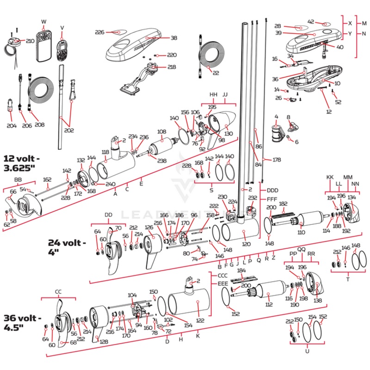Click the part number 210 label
pos(30,41)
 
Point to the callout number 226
pos(100,32)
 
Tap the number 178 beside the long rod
pos(277,160)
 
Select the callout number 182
pos(283,203)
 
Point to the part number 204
pos(12,125)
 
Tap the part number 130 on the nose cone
pos(228,134)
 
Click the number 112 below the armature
pos(269,305)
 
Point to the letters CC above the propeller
pos(58,292)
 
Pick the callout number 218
pos(172,67)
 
